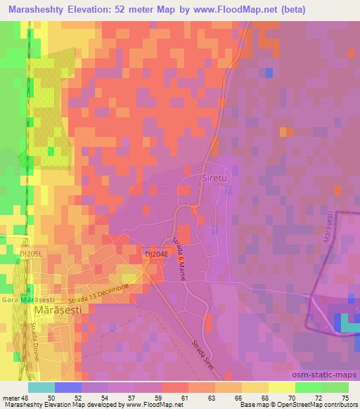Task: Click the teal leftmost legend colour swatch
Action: (x=42, y=387)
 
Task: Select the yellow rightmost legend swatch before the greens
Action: (x=282, y=387)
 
